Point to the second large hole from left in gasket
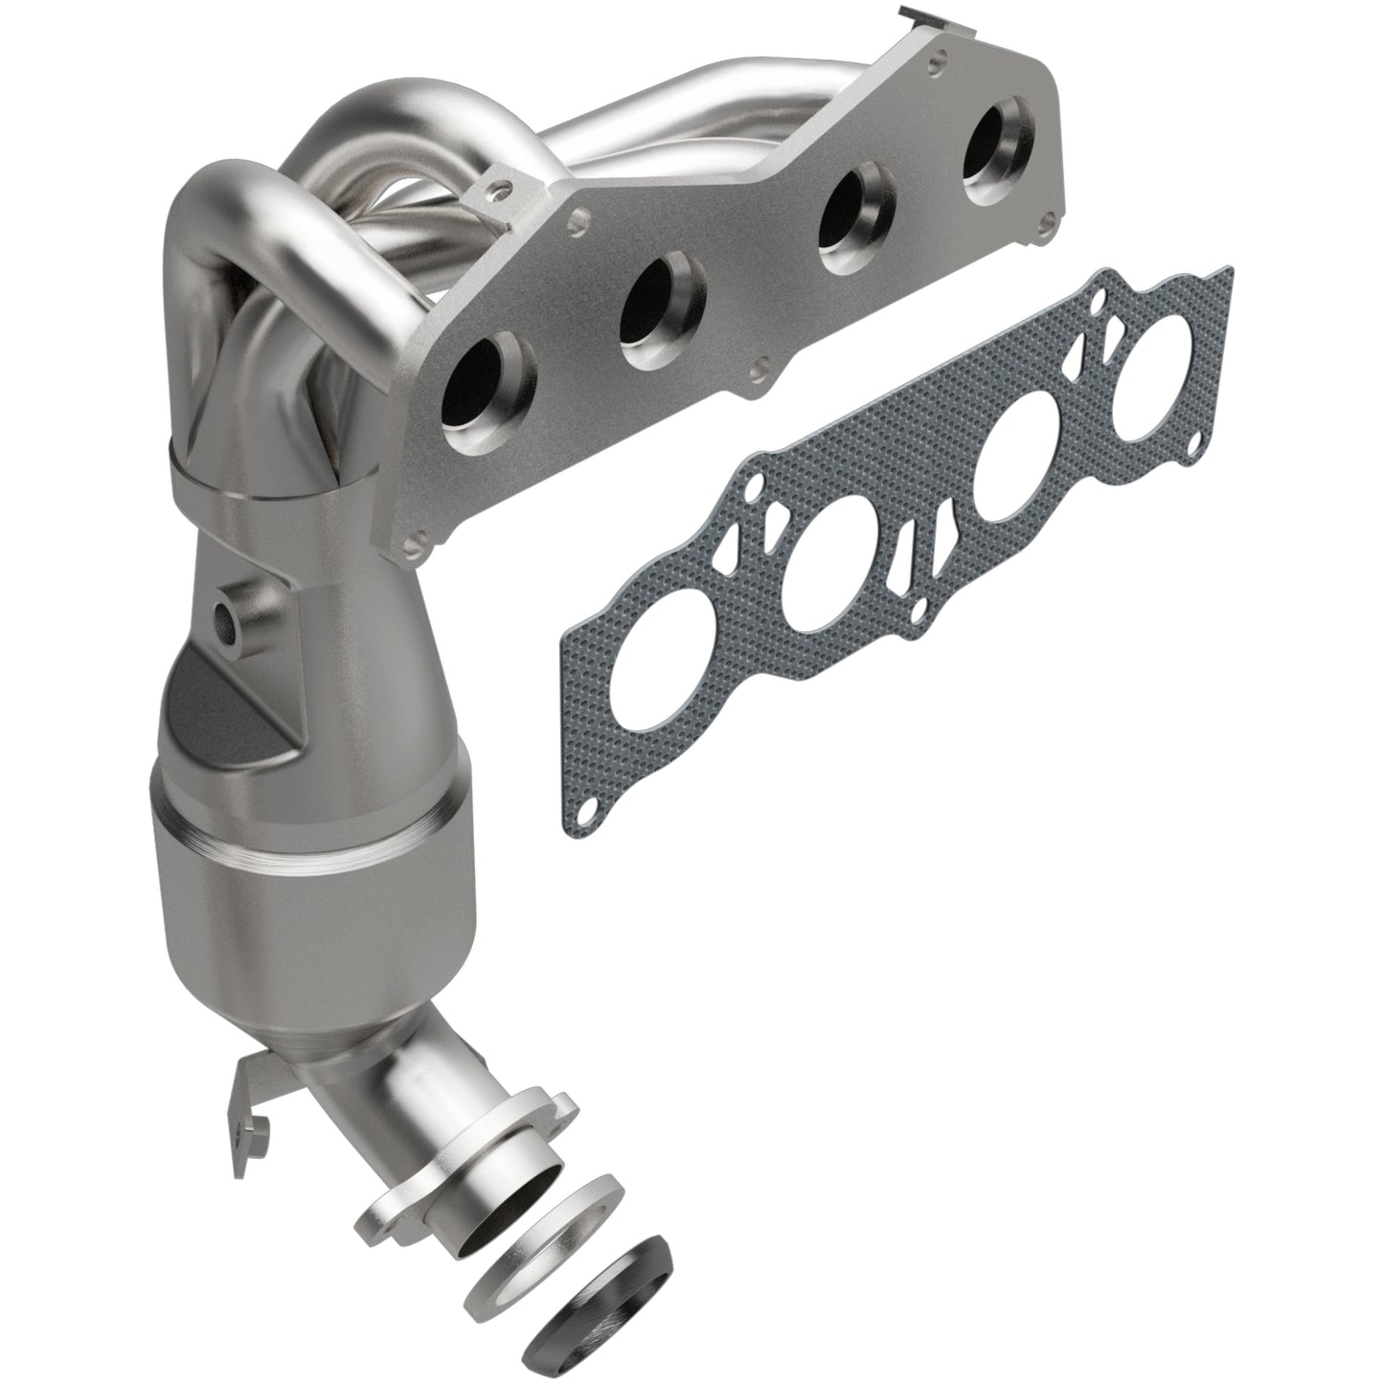(828, 576)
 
